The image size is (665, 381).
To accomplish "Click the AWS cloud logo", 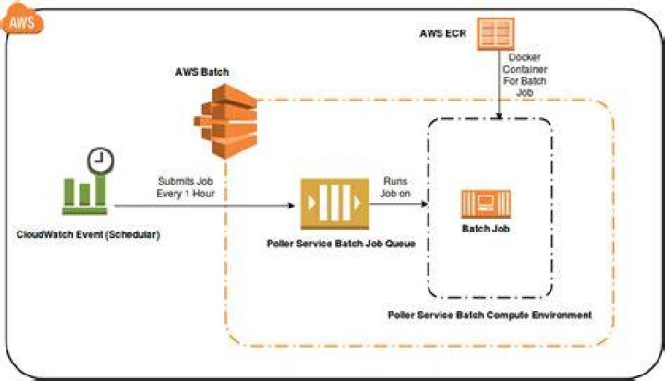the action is pyautogui.click(x=22, y=18).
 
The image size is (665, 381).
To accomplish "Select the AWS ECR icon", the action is pyautogui.click(x=496, y=34).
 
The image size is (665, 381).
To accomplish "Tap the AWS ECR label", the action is pyautogui.click(x=442, y=33).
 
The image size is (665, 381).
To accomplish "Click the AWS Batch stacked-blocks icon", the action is pyautogui.click(x=225, y=121).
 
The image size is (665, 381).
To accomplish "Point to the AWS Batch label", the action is pyautogui.click(x=202, y=72).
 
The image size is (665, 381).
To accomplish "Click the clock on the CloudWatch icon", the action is pyautogui.click(x=101, y=161).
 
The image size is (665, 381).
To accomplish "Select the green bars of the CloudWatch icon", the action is pyautogui.click(x=85, y=195).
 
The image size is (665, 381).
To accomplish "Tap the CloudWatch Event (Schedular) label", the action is pyautogui.click(x=89, y=234).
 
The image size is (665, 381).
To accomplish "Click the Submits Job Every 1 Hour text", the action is pyautogui.click(x=186, y=187).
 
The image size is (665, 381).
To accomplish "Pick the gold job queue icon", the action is pyautogui.click(x=335, y=204).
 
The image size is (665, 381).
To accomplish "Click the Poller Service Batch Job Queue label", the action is pyautogui.click(x=341, y=244).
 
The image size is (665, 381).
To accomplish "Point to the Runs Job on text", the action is pyautogui.click(x=395, y=187).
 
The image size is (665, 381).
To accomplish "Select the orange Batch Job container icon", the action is pyautogui.click(x=486, y=204).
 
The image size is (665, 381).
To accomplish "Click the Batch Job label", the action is pyautogui.click(x=486, y=229).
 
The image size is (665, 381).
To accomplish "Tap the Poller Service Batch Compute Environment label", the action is pyautogui.click(x=490, y=316).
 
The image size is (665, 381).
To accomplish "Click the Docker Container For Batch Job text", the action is pyautogui.click(x=525, y=75).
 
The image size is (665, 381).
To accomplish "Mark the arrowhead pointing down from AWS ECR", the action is pyautogui.click(x=499, y=115).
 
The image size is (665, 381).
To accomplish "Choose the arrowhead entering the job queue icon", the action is pyautogui.click(x=291, y=206).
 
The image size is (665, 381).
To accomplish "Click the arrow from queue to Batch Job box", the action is pyautogui.click(x=399, y=204).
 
